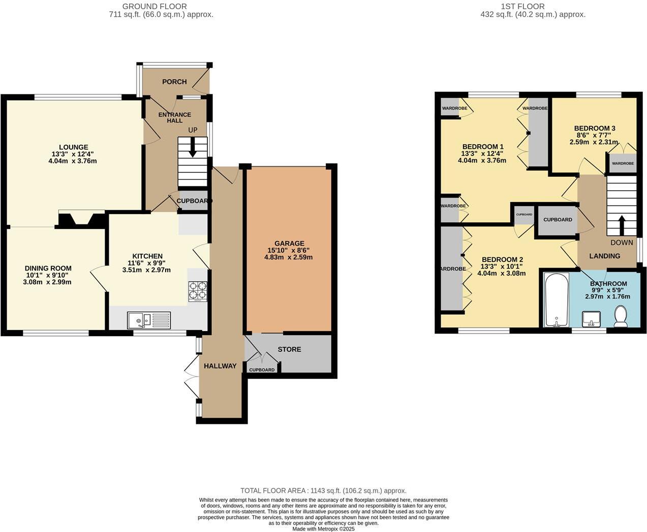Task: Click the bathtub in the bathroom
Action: tap(557, 300)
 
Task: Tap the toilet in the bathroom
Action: tap(621, 316)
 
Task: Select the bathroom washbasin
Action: tap(591, 319)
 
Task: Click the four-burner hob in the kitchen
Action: tap(198, 291)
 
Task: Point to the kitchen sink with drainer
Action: tap(149, 320)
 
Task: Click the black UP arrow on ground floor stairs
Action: tap(193, 148)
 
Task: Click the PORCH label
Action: tap(174, 82)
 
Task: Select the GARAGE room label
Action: tap(289, 243)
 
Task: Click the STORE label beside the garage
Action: tap(289, 349)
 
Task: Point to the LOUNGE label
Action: tap(73, 147)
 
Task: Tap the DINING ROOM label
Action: tap(48, 268)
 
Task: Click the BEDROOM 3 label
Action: tap(595, 128)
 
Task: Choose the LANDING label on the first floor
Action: tap(604, 256)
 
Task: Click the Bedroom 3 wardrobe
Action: tap(622, 163)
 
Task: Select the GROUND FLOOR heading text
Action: tap(155, 7)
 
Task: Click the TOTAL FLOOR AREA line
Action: tap(323, 490)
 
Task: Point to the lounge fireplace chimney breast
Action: tap(82, 219)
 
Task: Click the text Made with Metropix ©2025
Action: tap(323, 528)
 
